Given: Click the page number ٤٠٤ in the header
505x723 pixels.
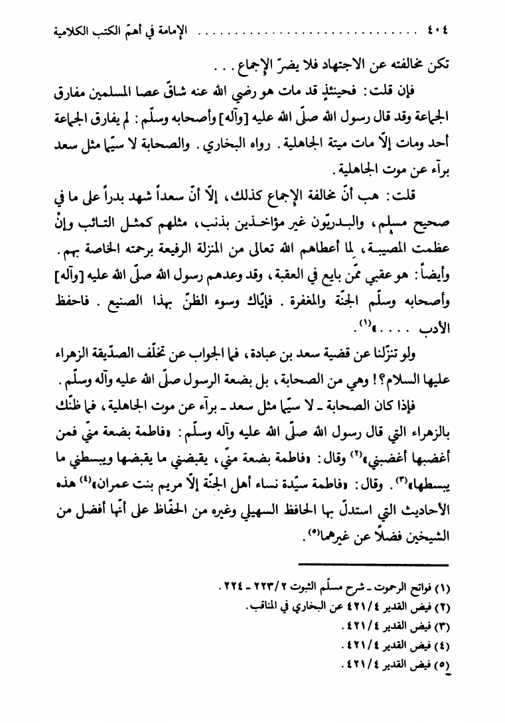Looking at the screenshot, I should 433,31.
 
